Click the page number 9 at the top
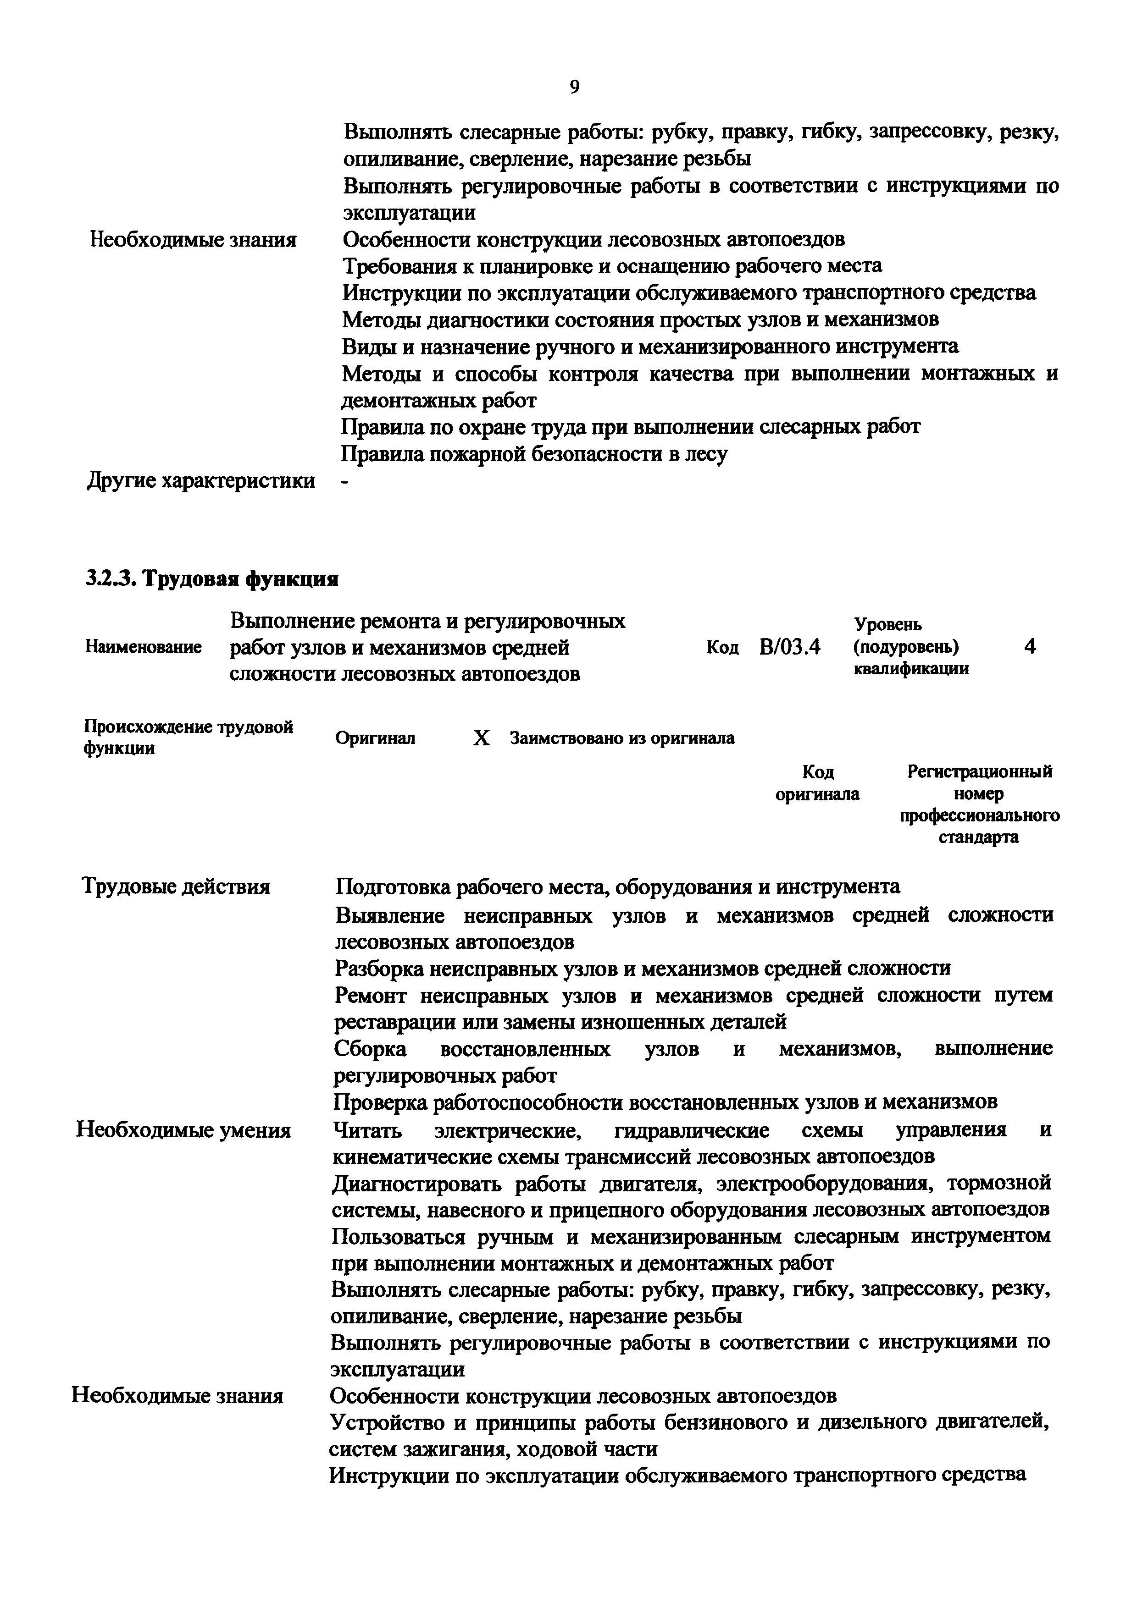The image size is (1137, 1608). point(574,87)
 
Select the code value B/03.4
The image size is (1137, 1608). point(789,646)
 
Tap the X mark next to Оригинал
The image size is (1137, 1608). point(481,738)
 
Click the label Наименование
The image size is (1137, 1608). point(143,647)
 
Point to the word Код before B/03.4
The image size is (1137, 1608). point(722,648)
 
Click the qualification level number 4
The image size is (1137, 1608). point(1029,646)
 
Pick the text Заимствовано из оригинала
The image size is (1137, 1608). point(622,738)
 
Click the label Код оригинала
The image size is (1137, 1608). point(817,783)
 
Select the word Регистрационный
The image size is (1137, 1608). point(979,772)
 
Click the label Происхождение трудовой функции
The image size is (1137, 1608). point(188,737)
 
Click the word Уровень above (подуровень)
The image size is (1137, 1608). point(887,624)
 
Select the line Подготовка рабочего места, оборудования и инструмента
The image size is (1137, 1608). point(617,887)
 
